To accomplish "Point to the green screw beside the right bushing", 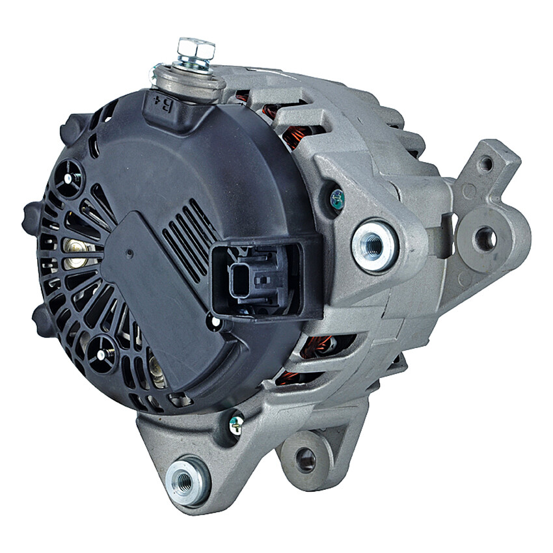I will pyautogui.click(x=336, y=199).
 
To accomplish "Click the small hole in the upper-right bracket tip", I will pyautogui.click(x=486, y=163).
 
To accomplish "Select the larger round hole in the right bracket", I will pyautogui.click(x=484, y=239).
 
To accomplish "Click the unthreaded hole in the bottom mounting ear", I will pyautogui.click(x=306, y=460).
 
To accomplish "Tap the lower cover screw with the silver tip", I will pyautogui.click(x=102, y=353).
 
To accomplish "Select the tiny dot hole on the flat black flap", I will pyautogui.click(x=129, y=253).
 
